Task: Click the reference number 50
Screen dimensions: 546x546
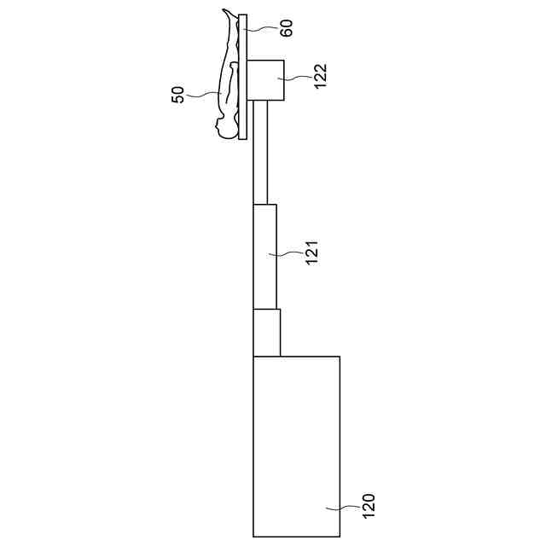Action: (177, 95)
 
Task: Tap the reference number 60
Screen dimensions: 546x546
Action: (287, 28)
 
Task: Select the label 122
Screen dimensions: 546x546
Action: (321, 76)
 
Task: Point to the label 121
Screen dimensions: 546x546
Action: (311, 253)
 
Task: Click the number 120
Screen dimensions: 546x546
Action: (369, 506)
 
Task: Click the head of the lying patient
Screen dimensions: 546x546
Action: (224, 129)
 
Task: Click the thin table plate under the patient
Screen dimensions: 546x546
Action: (243, 77)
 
